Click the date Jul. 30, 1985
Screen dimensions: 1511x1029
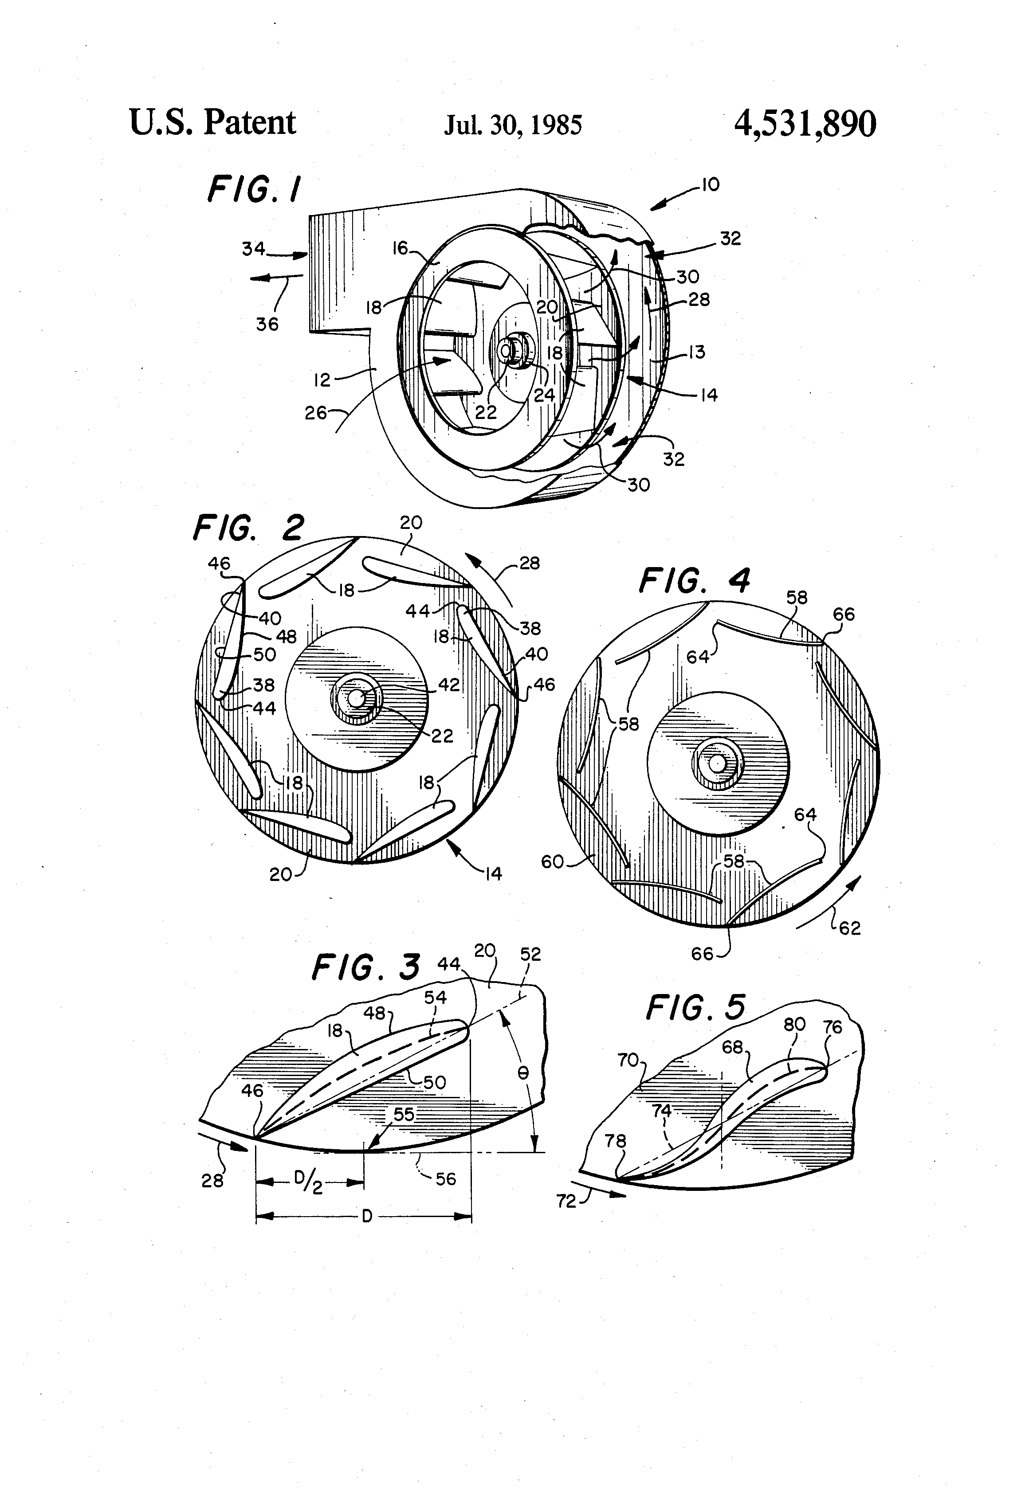point(513,125)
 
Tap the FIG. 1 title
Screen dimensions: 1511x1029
point(254,189)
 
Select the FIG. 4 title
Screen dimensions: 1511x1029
point(695,581)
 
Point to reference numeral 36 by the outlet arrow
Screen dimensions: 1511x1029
point(267,324)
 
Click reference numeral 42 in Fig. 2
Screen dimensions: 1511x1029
point(449,685)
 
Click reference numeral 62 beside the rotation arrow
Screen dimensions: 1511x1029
point(849,928)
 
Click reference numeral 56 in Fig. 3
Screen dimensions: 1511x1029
point(446,1179)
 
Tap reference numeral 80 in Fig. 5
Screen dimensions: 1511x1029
point(794,1025)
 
